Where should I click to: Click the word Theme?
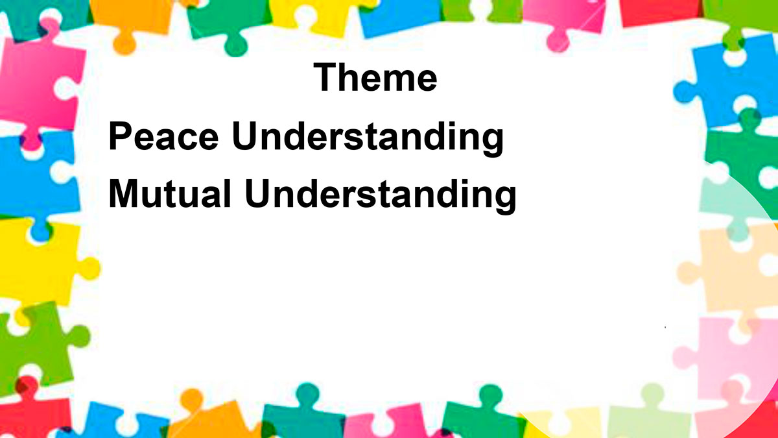tap(375, 77)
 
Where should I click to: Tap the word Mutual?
tap(170, 193)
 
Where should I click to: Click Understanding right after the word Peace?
tap(368, 138)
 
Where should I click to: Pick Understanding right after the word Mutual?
tap(381, 196)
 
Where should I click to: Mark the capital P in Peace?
tap(120, 136)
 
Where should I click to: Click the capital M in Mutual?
tap(123, 193)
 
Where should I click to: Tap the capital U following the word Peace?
tap(246, 136)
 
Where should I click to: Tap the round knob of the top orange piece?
tap(124, 45)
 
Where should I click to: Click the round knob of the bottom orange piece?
tap(192, 399)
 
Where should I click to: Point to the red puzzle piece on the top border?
tap(660, 12)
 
